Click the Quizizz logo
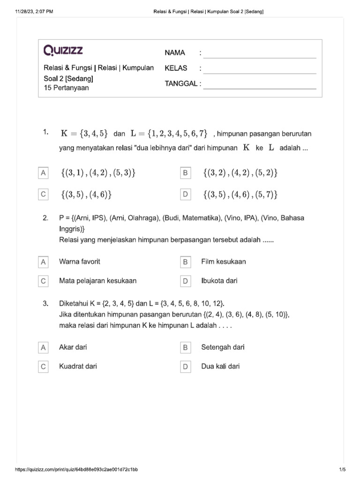click(63, 50)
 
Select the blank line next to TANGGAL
click(260, 86)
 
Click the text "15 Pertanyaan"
click(66, 88)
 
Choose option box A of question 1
click(43, 173)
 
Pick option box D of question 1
click(186, 194)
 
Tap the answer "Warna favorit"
click(80, 262)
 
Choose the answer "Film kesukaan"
click(224, 262)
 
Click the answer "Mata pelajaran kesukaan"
click(98, 281)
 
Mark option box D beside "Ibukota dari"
click(186, 281)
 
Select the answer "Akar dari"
click(73, 347)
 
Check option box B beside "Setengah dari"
click(186, 348)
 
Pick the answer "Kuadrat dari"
click(78, 366)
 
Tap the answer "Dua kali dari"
click(220, 366)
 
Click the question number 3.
click(45, 303)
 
